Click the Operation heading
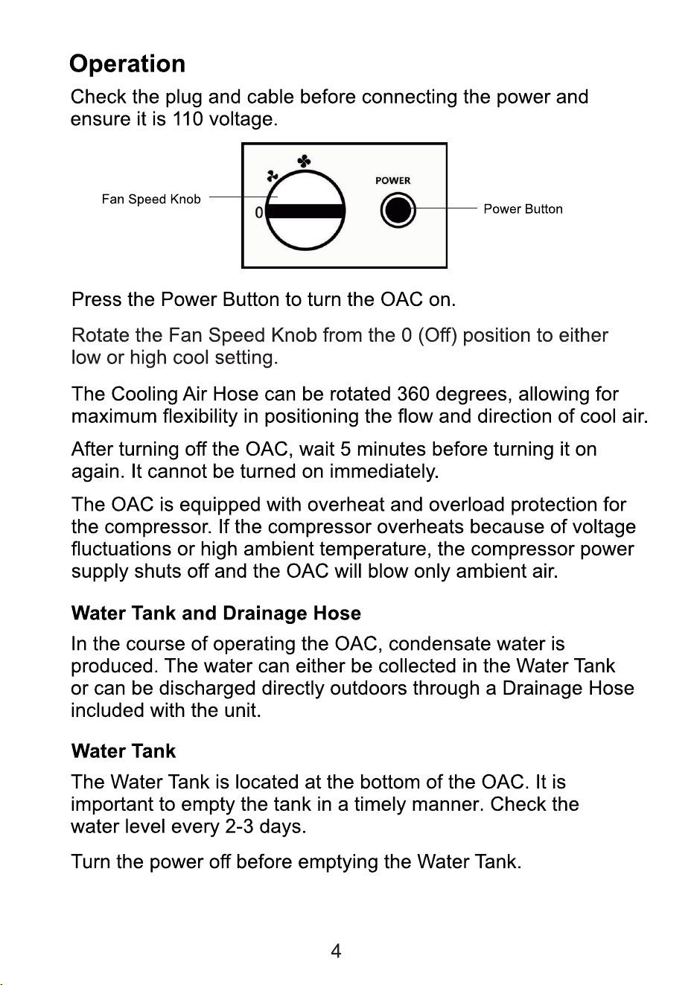(127, 65)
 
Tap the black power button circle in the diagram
(398, 210)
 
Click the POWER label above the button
(392, 180)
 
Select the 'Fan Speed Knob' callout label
(151, 200)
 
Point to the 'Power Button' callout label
(523, 209)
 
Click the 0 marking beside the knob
(259, 213)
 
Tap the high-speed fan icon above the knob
(305, 162)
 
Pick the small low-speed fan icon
(273, 176)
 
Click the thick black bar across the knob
(305, 211)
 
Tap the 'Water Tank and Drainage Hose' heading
(216, 613)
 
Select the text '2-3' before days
(239, 826)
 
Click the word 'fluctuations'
(121, 549)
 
